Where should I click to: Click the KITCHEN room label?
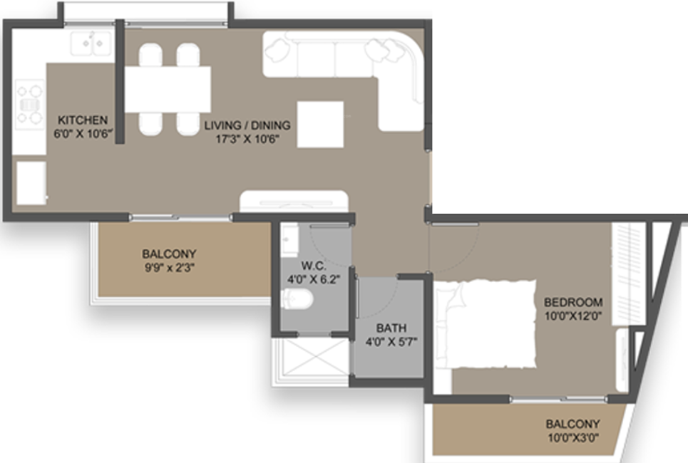83,120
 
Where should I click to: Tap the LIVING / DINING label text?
247,126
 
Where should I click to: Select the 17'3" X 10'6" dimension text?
247,139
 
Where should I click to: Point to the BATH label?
391,328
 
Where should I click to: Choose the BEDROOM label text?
573,302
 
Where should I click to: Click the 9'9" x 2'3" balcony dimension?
169,268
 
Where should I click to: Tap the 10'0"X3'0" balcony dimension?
573,437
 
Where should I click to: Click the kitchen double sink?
91,43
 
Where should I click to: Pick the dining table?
168,89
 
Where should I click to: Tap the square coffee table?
320,125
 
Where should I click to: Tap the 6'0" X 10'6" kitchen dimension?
83,133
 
